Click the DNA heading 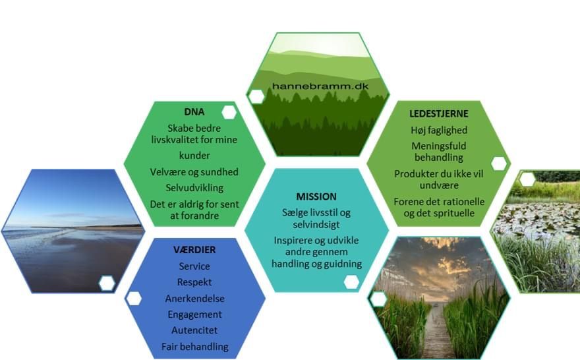[x=194, y=111]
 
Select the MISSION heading [x=316, y=196]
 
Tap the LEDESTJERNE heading [x=439, y=113]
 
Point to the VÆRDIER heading [x=194, y=250]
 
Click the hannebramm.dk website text [x=320, y=86]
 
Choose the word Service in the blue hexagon [x=194, y=266]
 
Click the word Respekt [x=194, y=282]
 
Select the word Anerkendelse [x=194, y=299]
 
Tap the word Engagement [x=194, y=315]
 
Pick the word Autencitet [x=194, y=330]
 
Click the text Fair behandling [x=194, y=347]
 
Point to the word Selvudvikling [x=194, y=188]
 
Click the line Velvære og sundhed [x=194, y=172]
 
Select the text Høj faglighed [x=439, y=131]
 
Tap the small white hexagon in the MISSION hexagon [x=351, y=282]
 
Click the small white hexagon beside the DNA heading [x=229, y=112]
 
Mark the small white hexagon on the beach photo [x=107, y=284]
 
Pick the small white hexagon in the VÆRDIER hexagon [x=134, y=298]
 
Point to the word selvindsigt [x=316, y=225]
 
